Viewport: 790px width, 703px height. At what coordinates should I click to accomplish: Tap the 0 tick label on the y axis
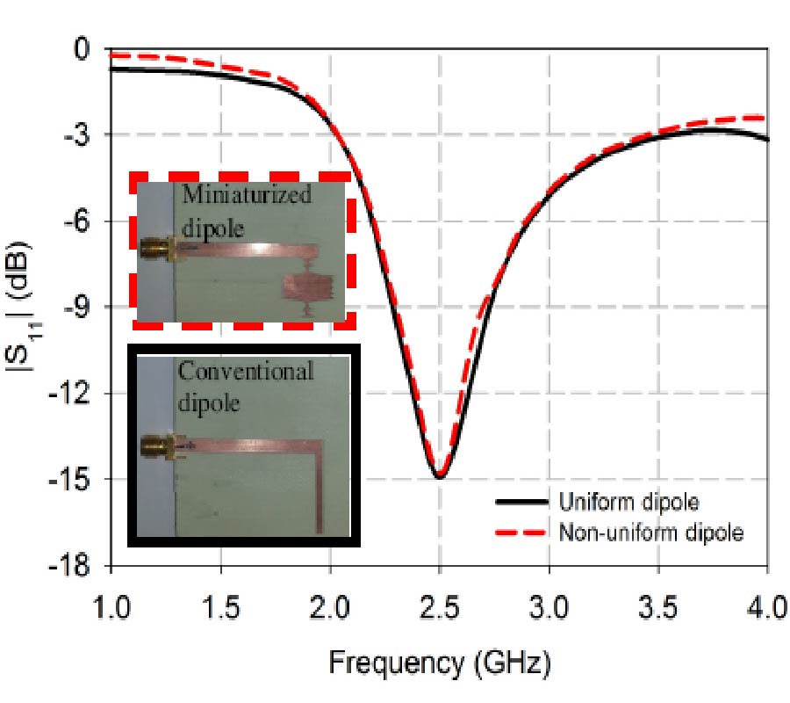point(85,49)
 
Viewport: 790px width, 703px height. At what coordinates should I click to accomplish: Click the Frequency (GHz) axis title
point(440,663)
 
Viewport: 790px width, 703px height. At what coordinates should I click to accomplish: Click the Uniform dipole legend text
point(628,503)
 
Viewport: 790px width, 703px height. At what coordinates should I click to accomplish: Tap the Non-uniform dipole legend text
point(650,532)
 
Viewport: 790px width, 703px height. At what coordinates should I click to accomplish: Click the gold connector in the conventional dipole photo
point(159,446)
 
